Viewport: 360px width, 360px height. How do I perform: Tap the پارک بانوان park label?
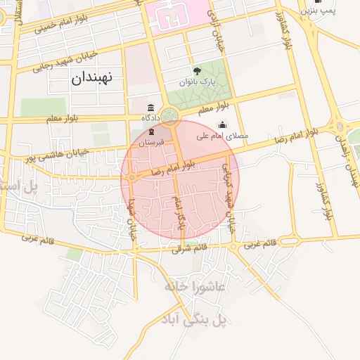(198, 83)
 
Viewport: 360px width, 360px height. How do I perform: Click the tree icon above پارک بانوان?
(198, 70)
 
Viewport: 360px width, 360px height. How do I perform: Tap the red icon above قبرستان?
(151, 132)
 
